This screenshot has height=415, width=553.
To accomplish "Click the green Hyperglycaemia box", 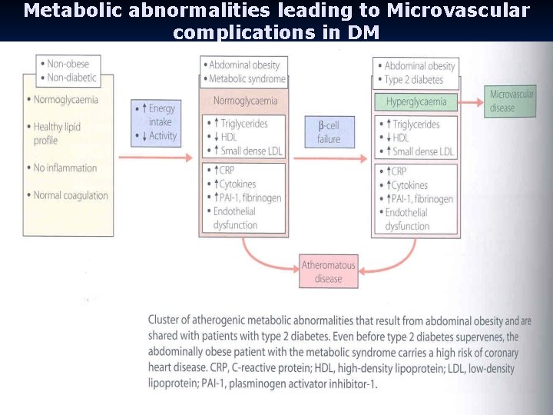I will coord(416,101).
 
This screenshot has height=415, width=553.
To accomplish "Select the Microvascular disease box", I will coord(512,101).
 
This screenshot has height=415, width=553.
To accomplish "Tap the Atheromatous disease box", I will coord(328,272).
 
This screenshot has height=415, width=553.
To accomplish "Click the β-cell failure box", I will coord(329,131).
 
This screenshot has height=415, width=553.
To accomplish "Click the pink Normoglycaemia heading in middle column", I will coord(245,101).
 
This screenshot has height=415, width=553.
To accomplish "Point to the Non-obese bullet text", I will coord(71,64).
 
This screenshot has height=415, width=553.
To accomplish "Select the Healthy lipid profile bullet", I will coord(59,133).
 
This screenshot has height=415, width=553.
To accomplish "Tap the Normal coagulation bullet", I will coord(70,195).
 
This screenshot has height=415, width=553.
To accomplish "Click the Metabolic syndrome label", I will coord(247,79).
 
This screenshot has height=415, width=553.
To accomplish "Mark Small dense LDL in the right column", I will coord(422,151).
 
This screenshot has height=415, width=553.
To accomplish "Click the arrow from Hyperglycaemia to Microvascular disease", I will coord(472,101).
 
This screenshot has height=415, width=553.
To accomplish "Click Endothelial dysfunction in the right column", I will coord(407,219).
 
